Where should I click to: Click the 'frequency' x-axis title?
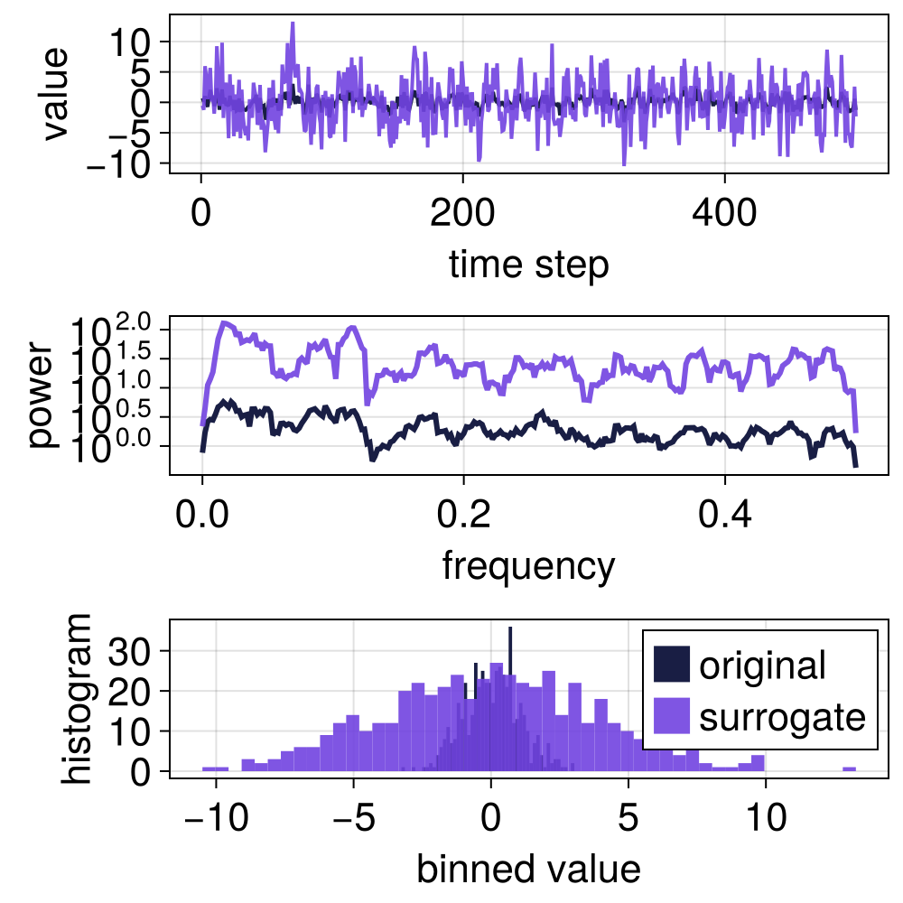point(528,566)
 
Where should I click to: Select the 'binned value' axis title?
point(528,869)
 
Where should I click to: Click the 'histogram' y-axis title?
point(76,697)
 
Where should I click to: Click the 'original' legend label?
point(762,666)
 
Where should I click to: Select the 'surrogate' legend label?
point(782,717)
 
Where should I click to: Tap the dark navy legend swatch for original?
point(672,666)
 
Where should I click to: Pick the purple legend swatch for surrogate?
point(672,717)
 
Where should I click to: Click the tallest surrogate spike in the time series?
point(293,24)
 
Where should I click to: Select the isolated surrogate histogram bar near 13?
point(849,769)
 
